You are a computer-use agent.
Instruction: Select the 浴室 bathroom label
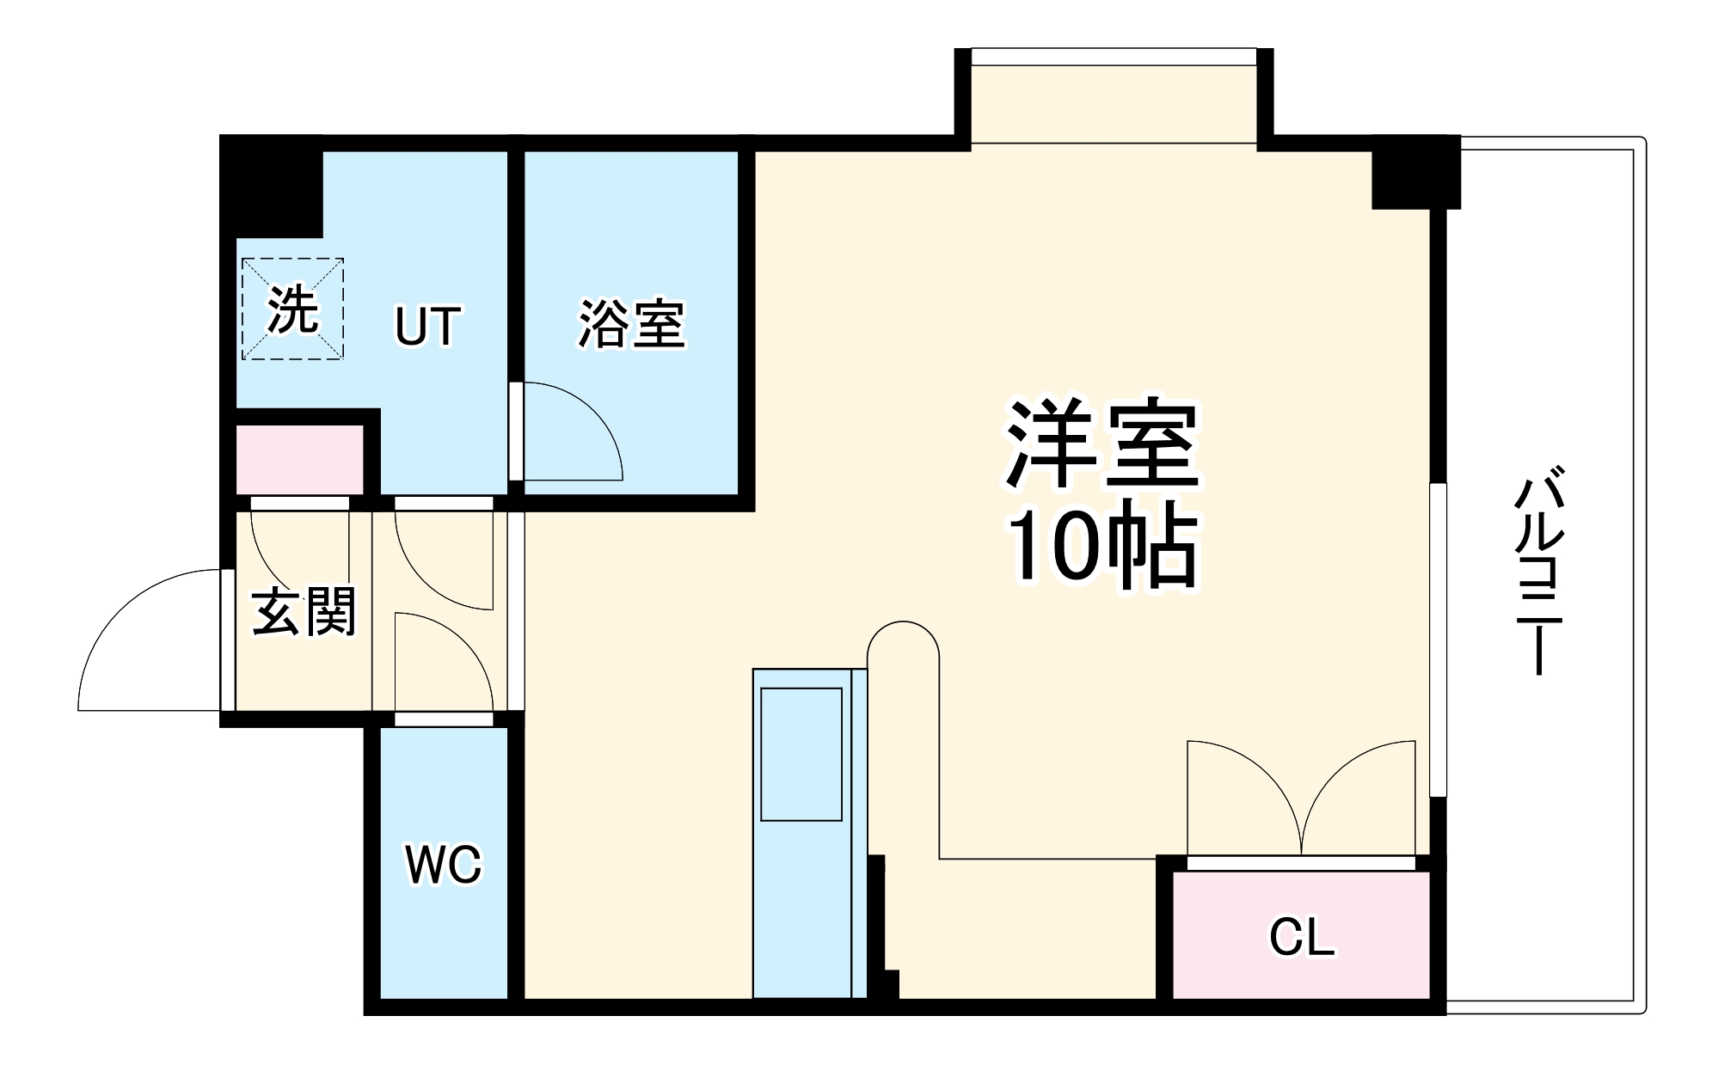632,324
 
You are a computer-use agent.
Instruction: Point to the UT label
427,326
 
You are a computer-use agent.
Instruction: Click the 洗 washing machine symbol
292,309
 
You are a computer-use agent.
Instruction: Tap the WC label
444,865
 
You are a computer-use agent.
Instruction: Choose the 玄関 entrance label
304,612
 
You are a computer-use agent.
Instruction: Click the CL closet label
1302,938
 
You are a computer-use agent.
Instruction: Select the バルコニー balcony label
1538,572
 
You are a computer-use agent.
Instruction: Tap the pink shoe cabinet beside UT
299,459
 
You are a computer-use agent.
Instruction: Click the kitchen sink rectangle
801,754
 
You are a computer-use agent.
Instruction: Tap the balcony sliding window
1438,640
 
